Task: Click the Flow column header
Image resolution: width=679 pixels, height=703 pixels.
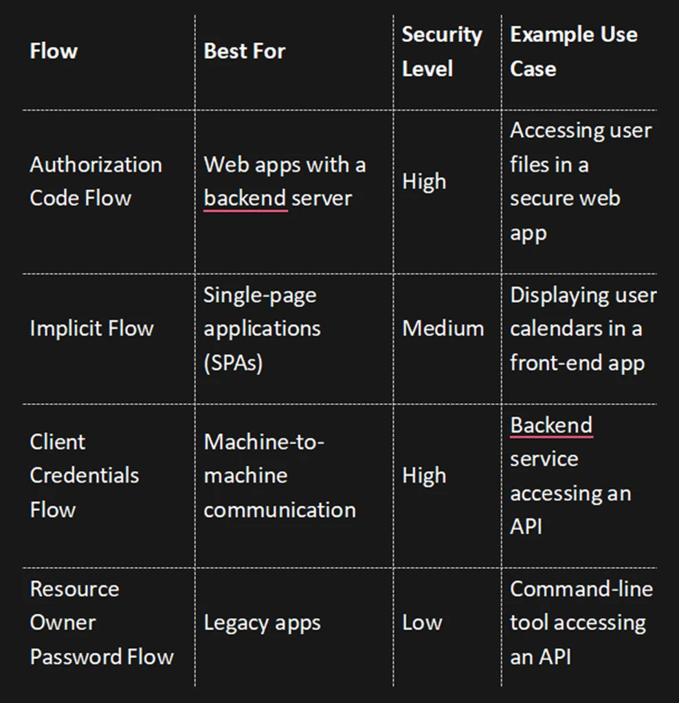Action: tap(54, 51)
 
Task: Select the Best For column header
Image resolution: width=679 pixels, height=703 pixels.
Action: tap(245, 51)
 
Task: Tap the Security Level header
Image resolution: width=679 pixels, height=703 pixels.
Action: tap(442, 51)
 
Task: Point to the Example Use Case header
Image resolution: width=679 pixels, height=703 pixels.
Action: tap(574, 51)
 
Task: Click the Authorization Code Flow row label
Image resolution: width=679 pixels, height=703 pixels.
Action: tap(96, 181)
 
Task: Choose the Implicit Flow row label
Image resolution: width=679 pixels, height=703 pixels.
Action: tap(91, 328)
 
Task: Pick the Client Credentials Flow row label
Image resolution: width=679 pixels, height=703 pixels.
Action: tap(85, 476)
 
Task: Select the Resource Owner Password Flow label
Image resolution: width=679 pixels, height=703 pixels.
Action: tap(102, 623)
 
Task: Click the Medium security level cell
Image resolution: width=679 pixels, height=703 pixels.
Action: tap(443, 328)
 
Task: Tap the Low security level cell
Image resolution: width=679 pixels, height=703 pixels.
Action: tap(422, 623)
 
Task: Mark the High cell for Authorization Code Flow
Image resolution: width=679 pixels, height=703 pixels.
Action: tap(424, 182)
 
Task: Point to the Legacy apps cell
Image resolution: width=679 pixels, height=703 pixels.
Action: tap(262, 623)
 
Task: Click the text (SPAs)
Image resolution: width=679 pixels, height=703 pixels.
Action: tap(233, 363)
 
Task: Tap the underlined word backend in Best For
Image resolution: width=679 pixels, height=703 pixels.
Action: tap(245, 198)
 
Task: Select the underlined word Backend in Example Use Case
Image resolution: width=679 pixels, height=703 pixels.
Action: tap(551, 426)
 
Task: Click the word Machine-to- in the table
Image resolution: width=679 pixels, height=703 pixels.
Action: tap(264, 442)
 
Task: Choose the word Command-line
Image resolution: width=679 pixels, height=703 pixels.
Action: tap(581, 589)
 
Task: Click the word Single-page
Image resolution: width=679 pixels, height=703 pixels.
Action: tap(260, 296)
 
